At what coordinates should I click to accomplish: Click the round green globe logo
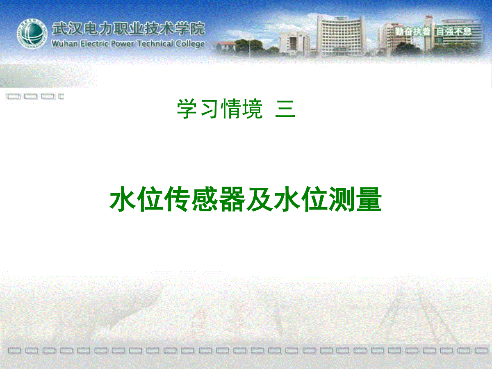point(32,34)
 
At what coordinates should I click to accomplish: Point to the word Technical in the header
point(155,43)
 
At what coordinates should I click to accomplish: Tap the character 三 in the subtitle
point(285,109)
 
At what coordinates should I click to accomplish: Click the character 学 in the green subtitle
point(187,109)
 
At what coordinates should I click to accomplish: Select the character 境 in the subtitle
point(253,109)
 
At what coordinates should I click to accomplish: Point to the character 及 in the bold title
point(260,199)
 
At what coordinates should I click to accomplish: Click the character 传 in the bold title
point(177,199)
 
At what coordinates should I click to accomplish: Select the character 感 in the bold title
point(205,199)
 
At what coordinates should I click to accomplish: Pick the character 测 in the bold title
point(342,199)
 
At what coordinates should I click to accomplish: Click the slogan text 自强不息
point(453,32)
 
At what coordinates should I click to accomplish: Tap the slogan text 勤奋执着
point(412,32)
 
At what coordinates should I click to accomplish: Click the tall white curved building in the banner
point(341,36)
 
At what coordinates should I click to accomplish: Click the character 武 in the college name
point(59,28)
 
